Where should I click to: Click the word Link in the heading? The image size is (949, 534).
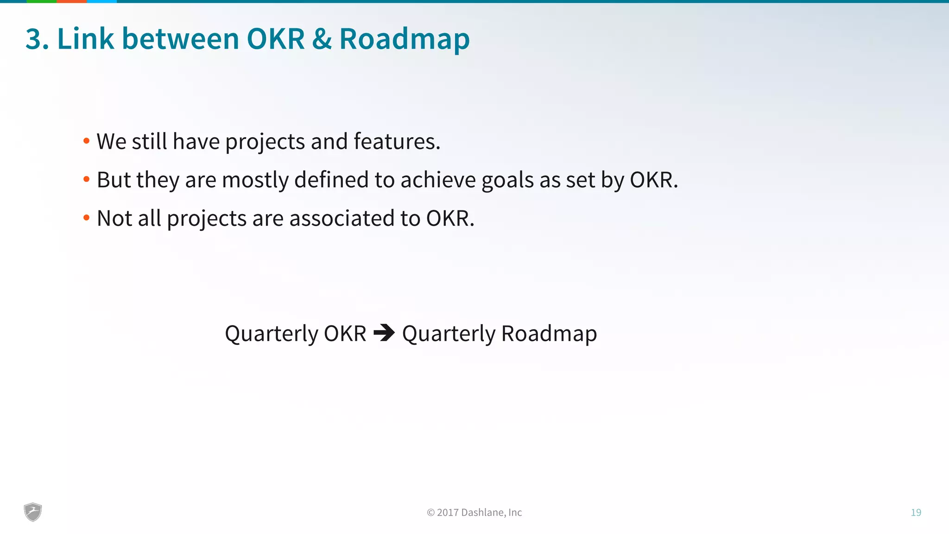pyautogui.click(x=85, y=39)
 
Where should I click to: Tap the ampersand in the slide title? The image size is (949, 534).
pyautogui.click(x=322, y=39)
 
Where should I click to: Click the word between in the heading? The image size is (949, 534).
pyautogui.click(x=180, y=39)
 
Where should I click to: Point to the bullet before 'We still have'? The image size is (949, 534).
pyautogui.click(x=86, y=141)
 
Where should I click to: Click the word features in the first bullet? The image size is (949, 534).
pyautogui.click(x=396, y=141)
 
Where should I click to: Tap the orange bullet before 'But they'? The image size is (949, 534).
pyautogui.click(x=86, y=179)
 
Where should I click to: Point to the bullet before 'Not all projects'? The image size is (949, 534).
pyautogui.click(x=86, y=218)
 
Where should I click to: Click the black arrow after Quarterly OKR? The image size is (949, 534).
pyautogui.click(x=384, y=333)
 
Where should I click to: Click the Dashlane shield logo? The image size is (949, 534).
pyautogui.click(x=33, y=512)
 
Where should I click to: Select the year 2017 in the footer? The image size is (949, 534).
pyautogui.click(x=447, y=513)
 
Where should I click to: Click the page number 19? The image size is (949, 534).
pyautogui.click(x=916, y=513)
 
